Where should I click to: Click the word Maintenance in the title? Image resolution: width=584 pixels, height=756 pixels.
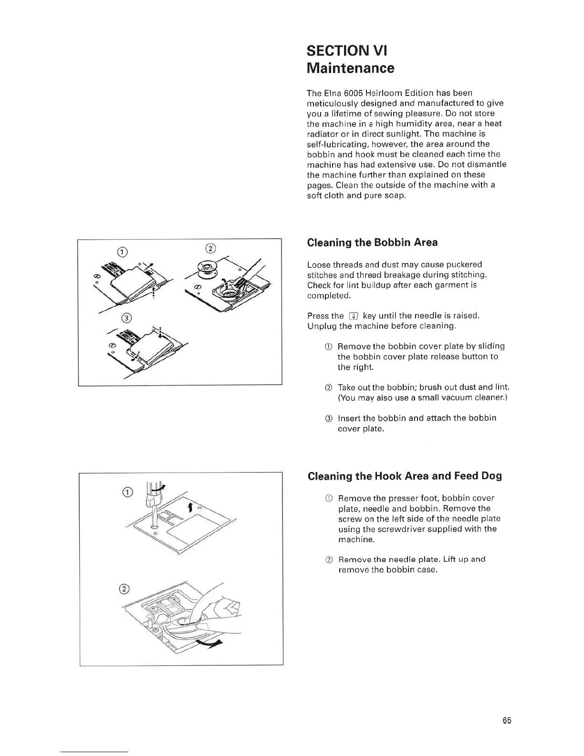tap(351, 68)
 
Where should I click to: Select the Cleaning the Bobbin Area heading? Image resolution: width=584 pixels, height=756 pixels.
tap(372, 242)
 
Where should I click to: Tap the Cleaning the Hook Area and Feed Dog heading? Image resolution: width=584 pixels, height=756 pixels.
tap(405, 476)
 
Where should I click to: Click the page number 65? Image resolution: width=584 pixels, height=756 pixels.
tap(507, 721)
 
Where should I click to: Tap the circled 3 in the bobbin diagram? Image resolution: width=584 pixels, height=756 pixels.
tap(125, 318)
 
